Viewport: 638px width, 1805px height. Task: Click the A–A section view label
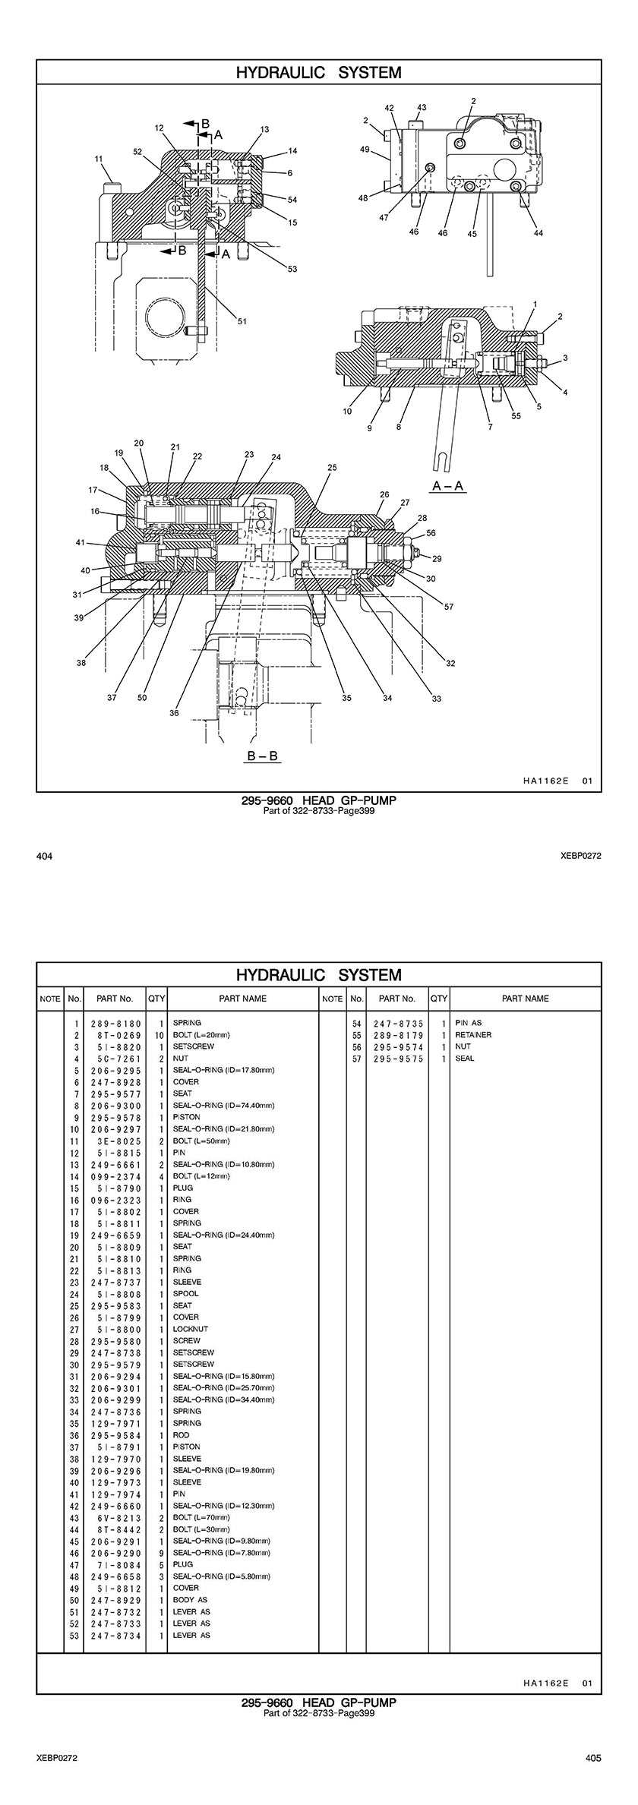447,486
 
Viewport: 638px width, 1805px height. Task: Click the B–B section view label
263,756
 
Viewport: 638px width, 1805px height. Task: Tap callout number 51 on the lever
242,321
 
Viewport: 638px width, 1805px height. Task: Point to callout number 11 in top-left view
99,159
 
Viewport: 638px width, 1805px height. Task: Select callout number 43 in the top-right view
422,108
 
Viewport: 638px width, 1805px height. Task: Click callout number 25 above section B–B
332,469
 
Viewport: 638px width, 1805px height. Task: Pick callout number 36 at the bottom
174,713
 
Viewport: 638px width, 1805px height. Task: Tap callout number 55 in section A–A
516,415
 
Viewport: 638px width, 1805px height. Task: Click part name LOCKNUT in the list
190,1329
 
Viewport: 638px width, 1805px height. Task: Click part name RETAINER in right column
473,1035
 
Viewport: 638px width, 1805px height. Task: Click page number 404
44,857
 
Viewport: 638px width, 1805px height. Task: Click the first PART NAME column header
242,999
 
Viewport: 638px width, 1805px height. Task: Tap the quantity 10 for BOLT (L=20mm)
159,1035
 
